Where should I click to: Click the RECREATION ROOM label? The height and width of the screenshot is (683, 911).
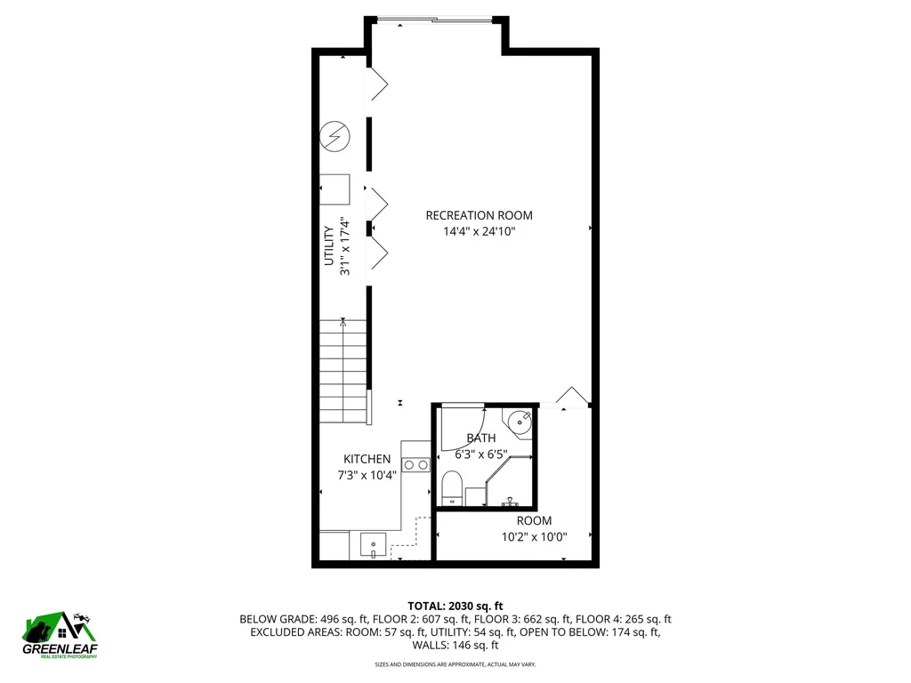(479, 215)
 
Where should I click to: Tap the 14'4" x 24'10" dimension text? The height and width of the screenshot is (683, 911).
(479, 231)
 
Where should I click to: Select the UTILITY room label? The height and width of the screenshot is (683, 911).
(328, 245)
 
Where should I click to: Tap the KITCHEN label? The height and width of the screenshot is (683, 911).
(367, 459)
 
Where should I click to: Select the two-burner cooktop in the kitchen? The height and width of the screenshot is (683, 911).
(415, 463)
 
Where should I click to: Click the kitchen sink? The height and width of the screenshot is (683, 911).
(373, 543)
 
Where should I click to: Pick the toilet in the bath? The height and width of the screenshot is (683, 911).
(452, 488)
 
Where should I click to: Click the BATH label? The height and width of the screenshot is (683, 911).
(481, 438)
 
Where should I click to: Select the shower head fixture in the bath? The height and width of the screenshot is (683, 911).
(511, 501)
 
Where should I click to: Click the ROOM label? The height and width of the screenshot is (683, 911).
(534, 520)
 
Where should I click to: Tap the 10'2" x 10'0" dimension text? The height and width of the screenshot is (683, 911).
(534, 536)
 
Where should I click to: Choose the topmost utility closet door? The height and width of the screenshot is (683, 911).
(379, 84)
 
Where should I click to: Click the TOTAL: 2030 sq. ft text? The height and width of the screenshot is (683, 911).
(455, 605)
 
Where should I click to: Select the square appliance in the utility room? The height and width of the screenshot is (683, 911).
(335, 189)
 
